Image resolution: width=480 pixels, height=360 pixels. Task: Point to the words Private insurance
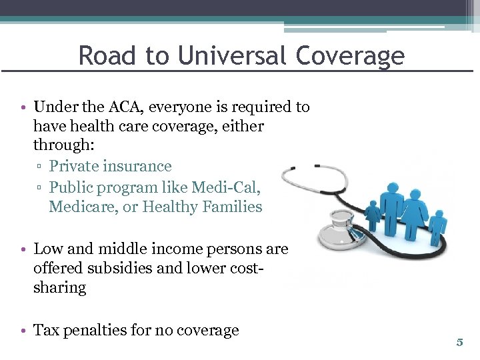coord(111,166)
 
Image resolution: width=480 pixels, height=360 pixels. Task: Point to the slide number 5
coord(459,343)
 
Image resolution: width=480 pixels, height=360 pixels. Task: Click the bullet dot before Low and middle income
coord(23,249)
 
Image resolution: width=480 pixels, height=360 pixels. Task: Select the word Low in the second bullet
coord(47,249)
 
